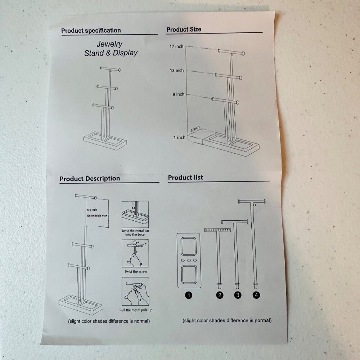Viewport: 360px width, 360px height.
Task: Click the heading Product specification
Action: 91,31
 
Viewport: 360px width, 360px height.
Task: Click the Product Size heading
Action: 184,30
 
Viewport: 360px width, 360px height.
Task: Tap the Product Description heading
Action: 90,179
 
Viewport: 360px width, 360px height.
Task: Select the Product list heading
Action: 185,177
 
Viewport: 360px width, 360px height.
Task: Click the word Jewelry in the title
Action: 109,44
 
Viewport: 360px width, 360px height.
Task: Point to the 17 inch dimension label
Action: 176,46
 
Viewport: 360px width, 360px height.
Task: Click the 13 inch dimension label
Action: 177,71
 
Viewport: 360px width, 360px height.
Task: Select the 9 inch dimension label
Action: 179,94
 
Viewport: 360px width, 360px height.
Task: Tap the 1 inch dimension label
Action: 179,138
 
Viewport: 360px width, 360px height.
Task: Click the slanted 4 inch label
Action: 195,129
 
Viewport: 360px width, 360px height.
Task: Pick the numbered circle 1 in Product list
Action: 189,295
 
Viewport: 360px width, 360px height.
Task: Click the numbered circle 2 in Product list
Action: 220,295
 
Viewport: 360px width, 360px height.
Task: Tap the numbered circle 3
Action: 238,295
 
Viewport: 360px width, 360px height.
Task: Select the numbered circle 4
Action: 256,295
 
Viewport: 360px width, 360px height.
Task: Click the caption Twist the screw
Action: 136,271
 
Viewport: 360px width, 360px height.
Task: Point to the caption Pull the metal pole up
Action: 136,310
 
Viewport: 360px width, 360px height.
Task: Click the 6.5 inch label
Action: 92,210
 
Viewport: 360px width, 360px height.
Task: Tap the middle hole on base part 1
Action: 189,260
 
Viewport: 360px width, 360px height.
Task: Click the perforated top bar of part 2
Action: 217,230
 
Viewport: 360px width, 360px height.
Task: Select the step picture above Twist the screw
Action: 135,253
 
